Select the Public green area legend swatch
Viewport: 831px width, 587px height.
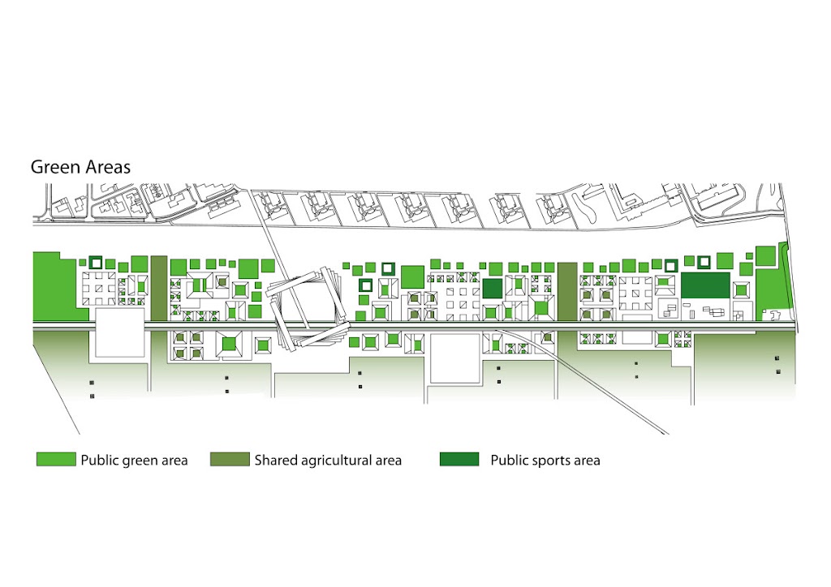click(55, 460)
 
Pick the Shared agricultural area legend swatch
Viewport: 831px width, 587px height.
click(229, 460)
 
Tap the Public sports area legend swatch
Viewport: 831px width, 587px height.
click(459, 460)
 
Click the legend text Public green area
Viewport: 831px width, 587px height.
click(134, 461)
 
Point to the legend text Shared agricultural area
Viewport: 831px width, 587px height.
click(328, 461)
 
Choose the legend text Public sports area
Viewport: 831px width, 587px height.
click(545, 461)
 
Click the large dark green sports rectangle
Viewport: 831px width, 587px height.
click(705, 285)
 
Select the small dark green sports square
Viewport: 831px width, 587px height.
click(493, 288)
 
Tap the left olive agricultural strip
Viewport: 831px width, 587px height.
click(159, 288)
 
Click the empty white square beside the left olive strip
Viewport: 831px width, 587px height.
click(119, 334)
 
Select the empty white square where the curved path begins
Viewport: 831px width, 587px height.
click(453, 358)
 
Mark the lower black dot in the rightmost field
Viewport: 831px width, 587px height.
click(777, 371)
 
